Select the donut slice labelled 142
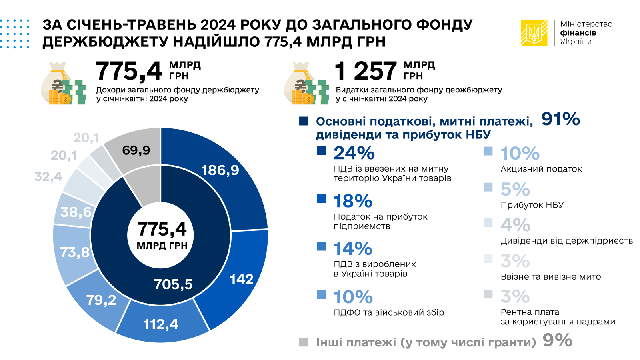click(240, 276)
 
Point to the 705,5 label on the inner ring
click(173, 284)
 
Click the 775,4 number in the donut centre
click(162, 230)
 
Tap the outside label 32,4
click(48, 176)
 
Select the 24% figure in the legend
click(354, 153)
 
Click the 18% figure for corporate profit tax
click(353, 201)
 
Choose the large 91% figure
click(560, 120)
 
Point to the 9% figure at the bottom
click(558, 340)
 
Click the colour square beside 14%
click(321, 246)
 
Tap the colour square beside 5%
click(488, 187)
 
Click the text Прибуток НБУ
click(532, 205)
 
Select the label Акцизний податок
click(541, 169)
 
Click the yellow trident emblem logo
click(534, 33)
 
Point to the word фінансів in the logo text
click(578, 33)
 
